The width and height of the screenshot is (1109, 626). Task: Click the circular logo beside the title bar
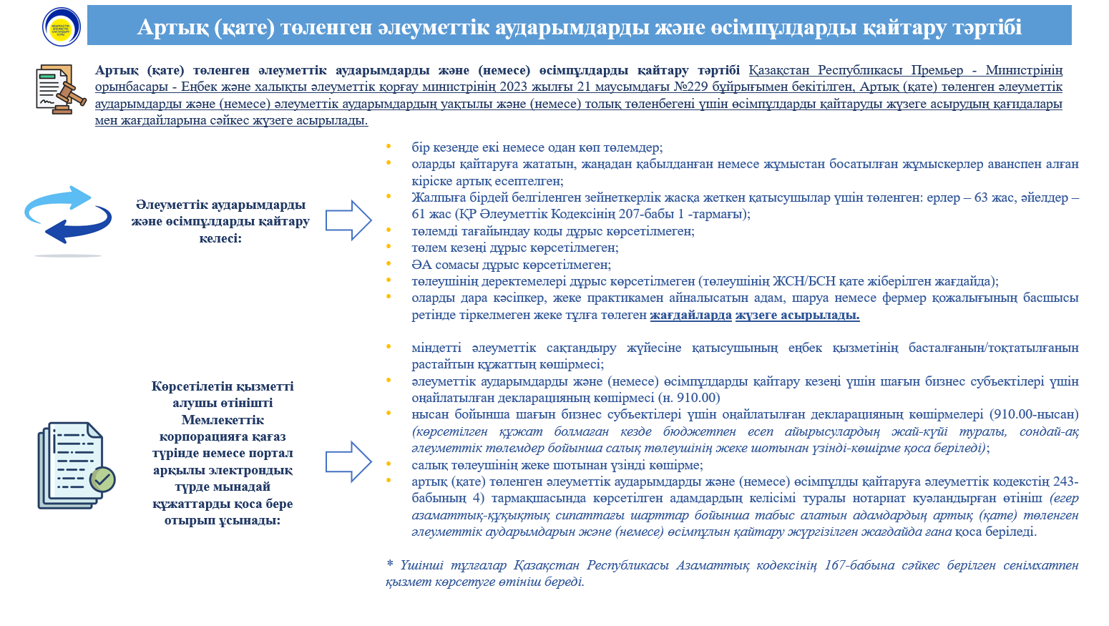[62, 26]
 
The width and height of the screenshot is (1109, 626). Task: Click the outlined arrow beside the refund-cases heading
[348, 220]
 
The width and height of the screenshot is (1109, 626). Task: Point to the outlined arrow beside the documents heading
[348, 461]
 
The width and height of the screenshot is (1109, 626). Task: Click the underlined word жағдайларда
[690, 315]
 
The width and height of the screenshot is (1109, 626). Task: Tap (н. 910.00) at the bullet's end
[688, 398]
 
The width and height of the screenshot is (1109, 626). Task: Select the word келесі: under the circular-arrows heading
[220, 238]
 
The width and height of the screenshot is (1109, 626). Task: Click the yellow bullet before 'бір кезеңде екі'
[389, 147]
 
